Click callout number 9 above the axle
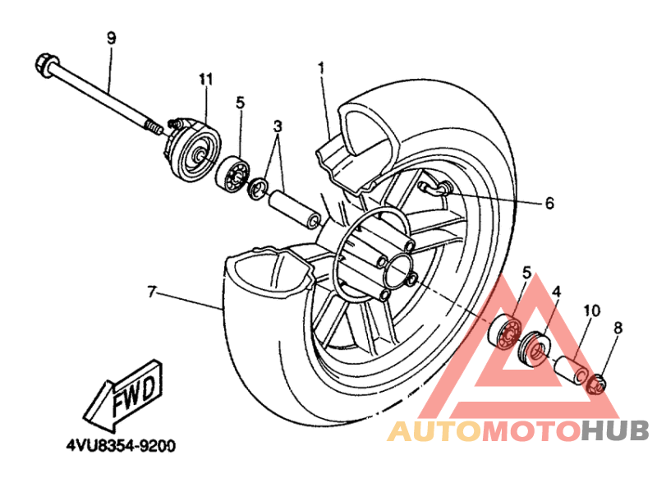[112, 38]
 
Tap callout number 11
[205, 79]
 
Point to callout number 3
[278, 126]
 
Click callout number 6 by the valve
[549, 202]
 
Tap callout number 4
[556, 292]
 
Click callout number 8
[618, 329]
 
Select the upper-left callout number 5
[241, 103]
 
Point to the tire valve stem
[434, 189]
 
